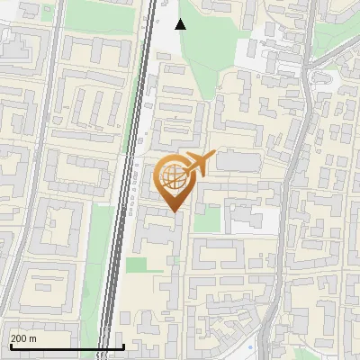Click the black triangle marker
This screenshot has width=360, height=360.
(180, 23)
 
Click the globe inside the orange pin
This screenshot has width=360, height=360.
(172, 175)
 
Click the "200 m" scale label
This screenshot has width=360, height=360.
(23, 338)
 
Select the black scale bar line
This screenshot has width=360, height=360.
(67, 347)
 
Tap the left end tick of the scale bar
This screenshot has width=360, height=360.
(10, 346)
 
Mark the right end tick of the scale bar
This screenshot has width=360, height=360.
(123, 346)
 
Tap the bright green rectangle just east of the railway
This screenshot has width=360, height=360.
(138, 265)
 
